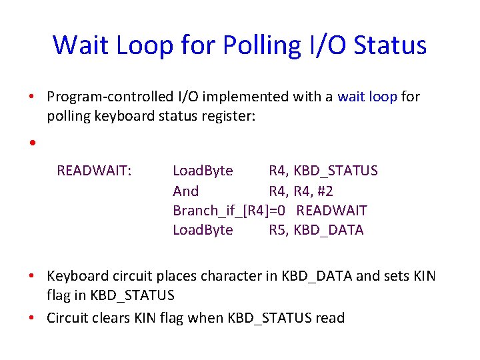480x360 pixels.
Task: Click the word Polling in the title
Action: (x=263, y=46)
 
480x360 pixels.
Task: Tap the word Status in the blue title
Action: (x=390, y=45)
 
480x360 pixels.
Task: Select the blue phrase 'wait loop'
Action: (x=367, y=97)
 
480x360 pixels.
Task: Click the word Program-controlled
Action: (x=110, y=97)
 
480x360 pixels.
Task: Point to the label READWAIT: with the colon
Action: (x=94, y=171)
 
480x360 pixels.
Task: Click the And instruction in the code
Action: (x=186, y=191)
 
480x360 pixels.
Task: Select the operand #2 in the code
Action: (x=325, y=191)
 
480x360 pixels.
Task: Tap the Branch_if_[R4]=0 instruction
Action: (x=229, y=211)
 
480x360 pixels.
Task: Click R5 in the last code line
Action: (x=277, y=230)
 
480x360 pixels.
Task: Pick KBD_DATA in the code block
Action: (x=329, y=230)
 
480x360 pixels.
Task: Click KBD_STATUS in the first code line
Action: (x=335, y=171)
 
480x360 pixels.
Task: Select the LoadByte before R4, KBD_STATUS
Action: (x=203, y=171)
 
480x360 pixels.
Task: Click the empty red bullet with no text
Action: (x=33, y=143)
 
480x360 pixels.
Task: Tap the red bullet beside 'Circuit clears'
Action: (x=31, y=318)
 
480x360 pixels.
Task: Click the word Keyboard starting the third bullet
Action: (x=78, y=277)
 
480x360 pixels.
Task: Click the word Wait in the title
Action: (x=81, y=45)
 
